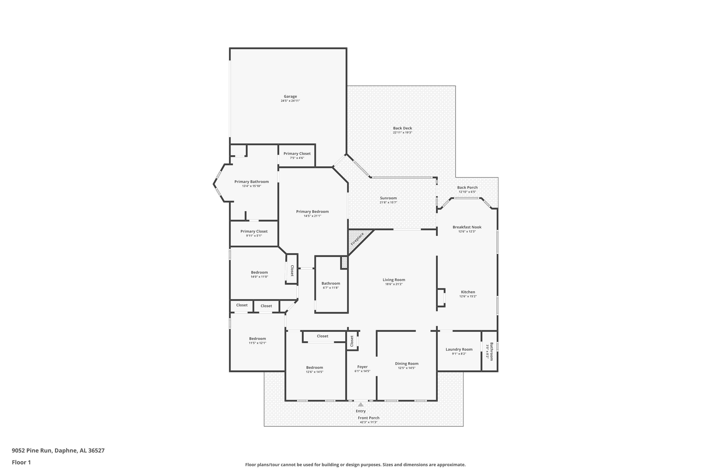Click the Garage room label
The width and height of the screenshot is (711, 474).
pyautogui.click(x=290, y=96)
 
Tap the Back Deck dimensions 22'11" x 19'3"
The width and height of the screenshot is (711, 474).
pyautogui.click(x=402, y=132)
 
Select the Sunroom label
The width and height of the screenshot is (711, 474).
pyautogui.click(x=388, y=198)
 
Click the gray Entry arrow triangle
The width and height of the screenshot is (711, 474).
pyautogui.click(x=361, y=405)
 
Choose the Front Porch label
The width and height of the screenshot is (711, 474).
pyautogui.click(x=369, y=418)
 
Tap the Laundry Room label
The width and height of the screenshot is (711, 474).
pyautogui.click(x=459, y=349)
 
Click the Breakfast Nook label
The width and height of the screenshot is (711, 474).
pyautogui.click(x=467, y=227)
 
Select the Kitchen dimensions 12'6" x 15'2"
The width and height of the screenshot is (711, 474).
pyautogui.click(x=468, y=296)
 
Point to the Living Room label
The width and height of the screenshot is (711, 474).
pyautogui.click(x=394, y=280)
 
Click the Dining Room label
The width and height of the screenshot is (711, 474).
pyautogui.click(x=407, y=364)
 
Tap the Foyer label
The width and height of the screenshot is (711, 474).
pyautogui.click(x=362, y=367)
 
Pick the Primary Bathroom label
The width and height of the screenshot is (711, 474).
pyautogui.click(x=251, y=182)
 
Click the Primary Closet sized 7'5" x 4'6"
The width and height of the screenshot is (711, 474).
pyautogui.click(x=297, y=154)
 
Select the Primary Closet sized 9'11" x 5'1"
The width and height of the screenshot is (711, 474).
pyautogui.click(x=254, y=231)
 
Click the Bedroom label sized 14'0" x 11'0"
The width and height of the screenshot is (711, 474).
pyautogui.click(x=259, y=272)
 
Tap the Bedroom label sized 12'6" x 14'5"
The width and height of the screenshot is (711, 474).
pyautogui.click(x=314, y=368)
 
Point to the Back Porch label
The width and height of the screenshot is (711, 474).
pyautogui.click(x=467, y=187)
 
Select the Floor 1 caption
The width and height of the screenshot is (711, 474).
pyautogui.click(x=21, y=462)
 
